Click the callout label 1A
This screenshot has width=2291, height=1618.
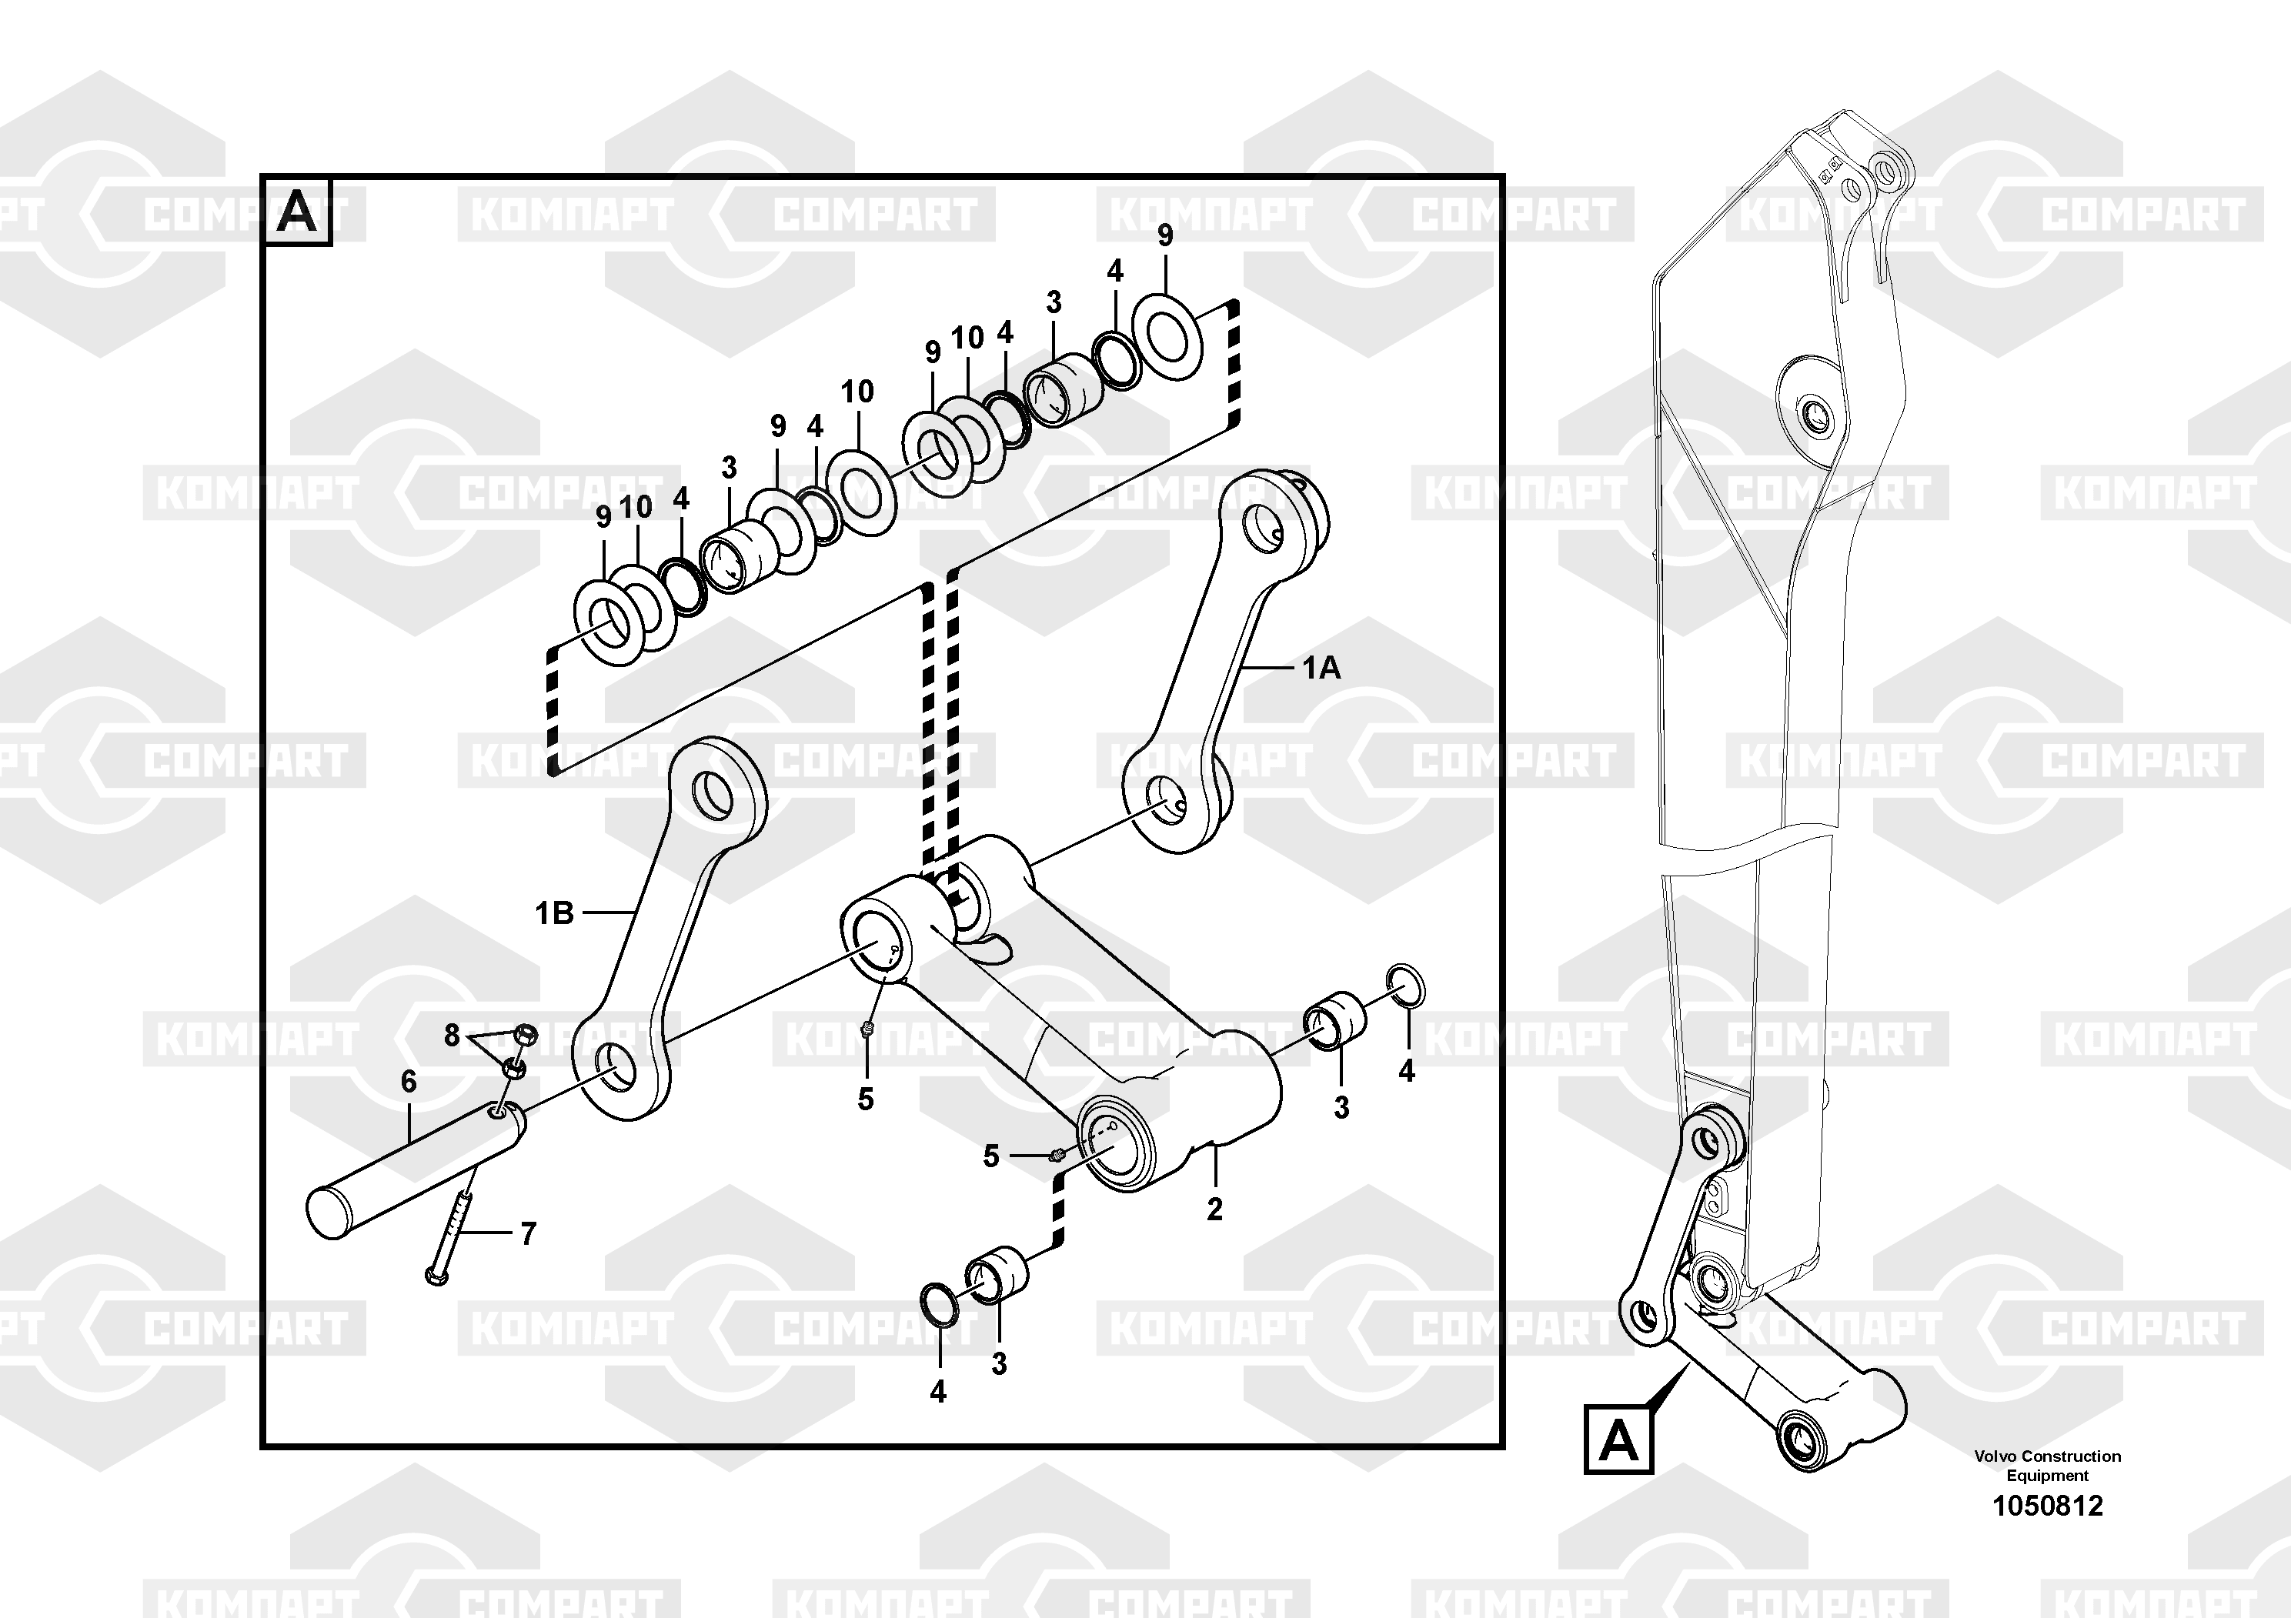coord(1321,669)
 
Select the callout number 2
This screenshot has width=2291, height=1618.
coord(1214,1209)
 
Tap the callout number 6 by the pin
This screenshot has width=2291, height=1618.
coord(408,1081)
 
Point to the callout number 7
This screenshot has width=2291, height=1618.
coord(528,1234)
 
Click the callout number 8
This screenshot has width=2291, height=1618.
coord(452,1036)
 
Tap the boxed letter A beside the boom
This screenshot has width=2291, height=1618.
coord(1618,1440)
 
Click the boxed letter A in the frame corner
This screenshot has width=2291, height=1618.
coord(296,212)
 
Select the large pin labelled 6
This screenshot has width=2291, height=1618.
coord(416,1170)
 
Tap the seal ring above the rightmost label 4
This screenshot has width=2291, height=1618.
coord(1406,986)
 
